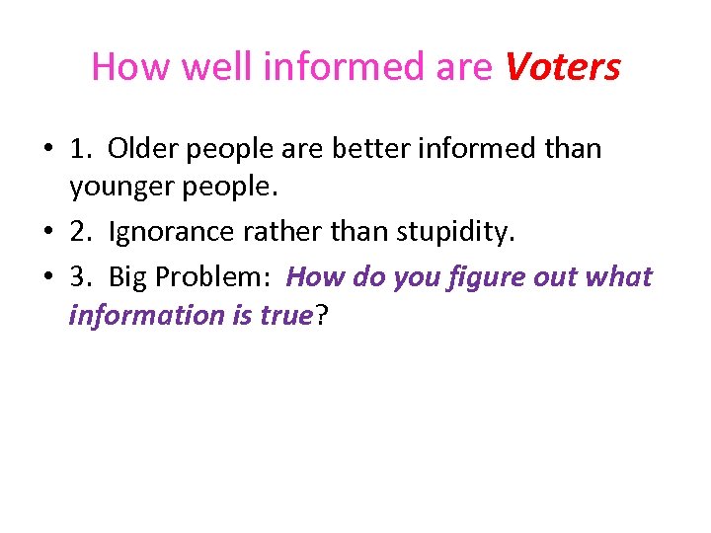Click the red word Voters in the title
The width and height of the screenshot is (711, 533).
[x=562, y=67]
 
